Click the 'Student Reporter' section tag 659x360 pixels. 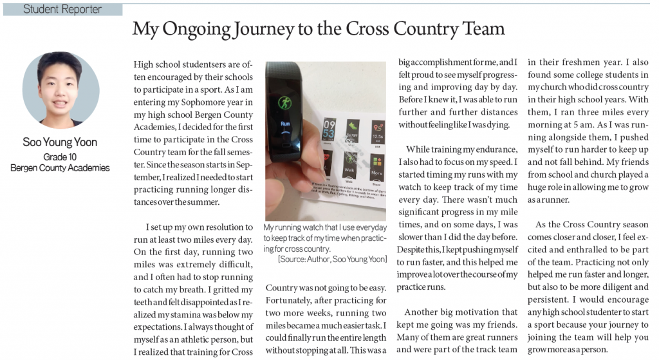click(x=62, y=9)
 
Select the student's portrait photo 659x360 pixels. click(x=60, y=90)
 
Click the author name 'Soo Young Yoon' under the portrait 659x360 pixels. click(x=60, y=142)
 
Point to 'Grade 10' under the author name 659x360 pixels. click(x=60, y=156)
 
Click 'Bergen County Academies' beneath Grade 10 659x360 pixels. click(x=60, y=168)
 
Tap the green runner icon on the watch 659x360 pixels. click(x=284, y=102)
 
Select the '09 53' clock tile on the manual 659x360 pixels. click(x=329, y=125)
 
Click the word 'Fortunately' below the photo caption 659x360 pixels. click(x=290, y=300)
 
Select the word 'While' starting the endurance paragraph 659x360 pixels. click(x=420, y=149)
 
